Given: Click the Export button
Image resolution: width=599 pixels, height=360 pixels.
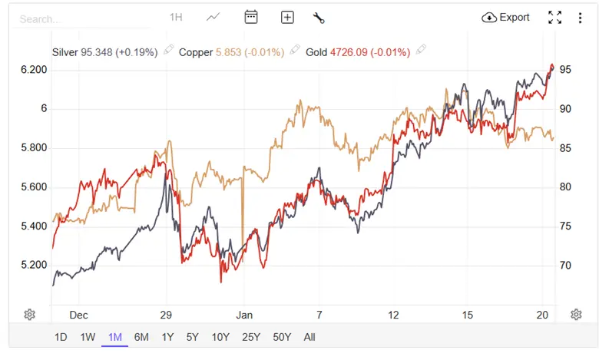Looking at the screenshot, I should (x=506, y=18).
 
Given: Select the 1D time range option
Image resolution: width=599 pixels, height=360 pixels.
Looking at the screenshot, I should (x=61, y=337).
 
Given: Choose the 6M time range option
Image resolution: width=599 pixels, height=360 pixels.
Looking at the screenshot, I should (x=141, y=337).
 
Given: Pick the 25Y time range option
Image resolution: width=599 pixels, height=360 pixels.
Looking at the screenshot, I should (x=250, y=337).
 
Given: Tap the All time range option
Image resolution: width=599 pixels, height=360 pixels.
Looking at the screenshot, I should (x=309, y=337).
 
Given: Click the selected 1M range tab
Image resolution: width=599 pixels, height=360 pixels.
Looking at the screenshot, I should (x=114, y=337).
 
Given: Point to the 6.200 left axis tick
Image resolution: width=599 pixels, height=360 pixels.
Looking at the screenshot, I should (x=34, y=70).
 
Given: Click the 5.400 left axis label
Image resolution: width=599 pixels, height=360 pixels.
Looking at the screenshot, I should (x=34, y=226).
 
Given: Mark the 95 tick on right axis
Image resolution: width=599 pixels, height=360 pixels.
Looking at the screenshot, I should (x=565, y=70).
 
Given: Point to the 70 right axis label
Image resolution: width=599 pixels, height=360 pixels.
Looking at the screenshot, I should (x=565, y=266).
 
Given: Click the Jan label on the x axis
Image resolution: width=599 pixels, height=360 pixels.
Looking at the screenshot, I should (x=244, y=315).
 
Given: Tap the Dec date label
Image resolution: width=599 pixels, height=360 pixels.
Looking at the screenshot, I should (x=78, y=315).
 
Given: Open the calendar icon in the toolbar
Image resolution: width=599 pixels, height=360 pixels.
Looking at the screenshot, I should (x=250, y=18).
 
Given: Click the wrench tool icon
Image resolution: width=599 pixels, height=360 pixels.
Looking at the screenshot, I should (x=319, y=18).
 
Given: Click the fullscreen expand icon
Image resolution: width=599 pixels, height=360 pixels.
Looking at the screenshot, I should (x=555, y=18).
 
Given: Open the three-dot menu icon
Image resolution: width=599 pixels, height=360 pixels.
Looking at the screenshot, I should (x=580, y=18).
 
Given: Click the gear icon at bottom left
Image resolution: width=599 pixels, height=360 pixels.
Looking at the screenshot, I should (x=30, y=314).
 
